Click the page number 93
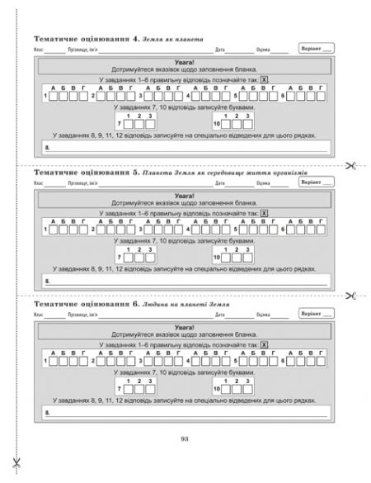pos(185,438)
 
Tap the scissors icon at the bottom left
pos(16,461)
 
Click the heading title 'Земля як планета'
pos(165,39)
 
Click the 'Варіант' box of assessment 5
pos(317,182)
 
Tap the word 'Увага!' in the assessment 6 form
pos(184,326)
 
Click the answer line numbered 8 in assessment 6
pos(185,410)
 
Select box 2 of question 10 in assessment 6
pos(237,389)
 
